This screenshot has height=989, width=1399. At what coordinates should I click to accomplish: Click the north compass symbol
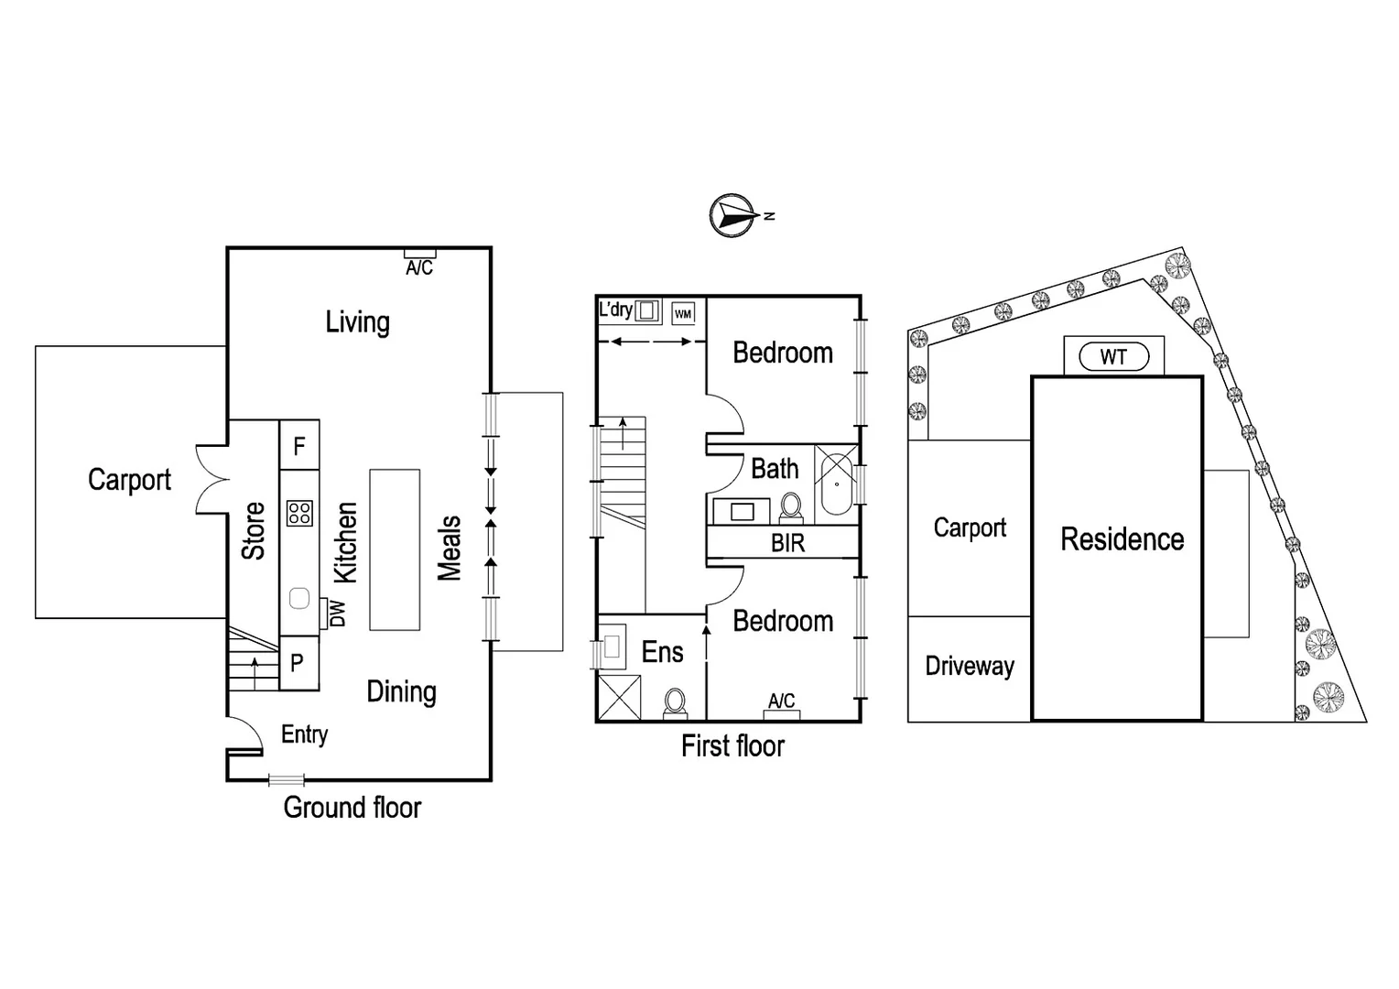732,216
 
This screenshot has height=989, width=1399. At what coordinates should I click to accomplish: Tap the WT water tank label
1113,356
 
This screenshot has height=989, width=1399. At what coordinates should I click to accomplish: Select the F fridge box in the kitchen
298,446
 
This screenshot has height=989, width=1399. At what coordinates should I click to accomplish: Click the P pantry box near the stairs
298,663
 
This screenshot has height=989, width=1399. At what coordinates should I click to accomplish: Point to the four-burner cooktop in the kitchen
299,513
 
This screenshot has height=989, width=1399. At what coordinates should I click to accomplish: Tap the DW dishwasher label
336,614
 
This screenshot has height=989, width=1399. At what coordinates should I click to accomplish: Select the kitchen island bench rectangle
395,549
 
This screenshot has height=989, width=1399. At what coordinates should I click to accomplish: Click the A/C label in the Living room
419,267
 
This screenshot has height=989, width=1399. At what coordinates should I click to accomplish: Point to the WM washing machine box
683,313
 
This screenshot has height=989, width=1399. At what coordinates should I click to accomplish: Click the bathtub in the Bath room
836,485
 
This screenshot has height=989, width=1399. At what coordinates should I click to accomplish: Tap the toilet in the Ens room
676,702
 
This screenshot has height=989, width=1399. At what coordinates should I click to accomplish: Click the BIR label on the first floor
787,543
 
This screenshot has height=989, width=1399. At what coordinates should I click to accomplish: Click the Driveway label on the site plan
970,666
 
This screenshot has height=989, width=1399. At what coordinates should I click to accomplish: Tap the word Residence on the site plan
1122,539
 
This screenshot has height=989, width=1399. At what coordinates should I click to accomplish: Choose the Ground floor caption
352,808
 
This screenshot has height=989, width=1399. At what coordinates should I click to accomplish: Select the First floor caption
732,746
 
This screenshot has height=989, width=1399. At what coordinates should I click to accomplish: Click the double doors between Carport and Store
212,480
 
